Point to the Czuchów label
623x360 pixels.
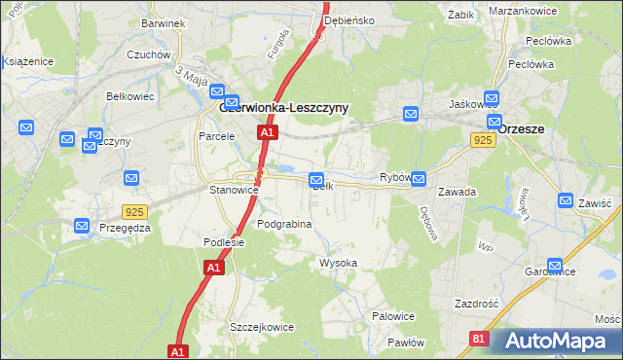(x=149, y=55)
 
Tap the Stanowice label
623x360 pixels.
(x=234, y=191)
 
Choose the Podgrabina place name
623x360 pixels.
(x=284, y=224)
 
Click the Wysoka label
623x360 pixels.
(x=339, y=264)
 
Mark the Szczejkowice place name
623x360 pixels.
(x=261, y=327)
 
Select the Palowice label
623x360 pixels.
(x=394, y=316)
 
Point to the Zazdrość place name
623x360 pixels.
(x=476, y=304)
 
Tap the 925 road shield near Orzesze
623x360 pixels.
(x=484, y=141)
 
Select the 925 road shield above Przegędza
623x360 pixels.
(x=135, y=211)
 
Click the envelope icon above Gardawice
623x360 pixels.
(x=555, y=265)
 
